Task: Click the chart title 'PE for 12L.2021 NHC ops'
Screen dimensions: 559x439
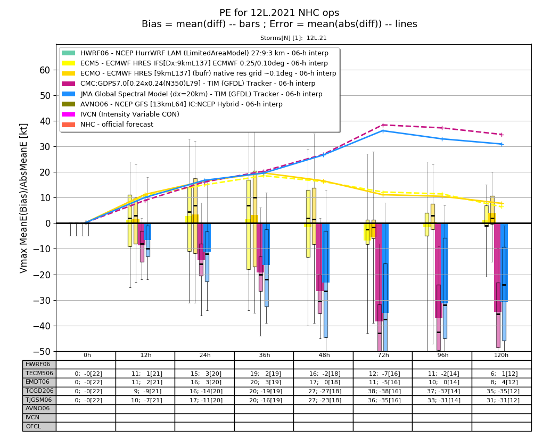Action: point(279,13)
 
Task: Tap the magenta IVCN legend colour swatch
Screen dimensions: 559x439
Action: point(69,114)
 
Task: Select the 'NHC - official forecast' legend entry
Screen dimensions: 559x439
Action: point(117,125)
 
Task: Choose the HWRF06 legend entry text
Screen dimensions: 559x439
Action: point(204,53)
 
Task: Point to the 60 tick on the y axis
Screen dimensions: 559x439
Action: point(45,70)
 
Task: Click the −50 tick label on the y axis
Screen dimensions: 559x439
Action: point(42,352)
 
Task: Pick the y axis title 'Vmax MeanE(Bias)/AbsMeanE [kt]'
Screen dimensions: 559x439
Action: point(23,198)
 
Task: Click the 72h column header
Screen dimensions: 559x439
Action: point(383,355)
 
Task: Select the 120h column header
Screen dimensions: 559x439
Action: point(501,355)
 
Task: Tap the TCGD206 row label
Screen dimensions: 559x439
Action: point(39,391)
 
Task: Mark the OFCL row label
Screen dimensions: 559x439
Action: point(33,426)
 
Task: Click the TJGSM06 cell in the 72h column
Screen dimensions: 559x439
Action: point(383,400)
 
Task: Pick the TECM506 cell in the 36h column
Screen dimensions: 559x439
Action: point(264,374)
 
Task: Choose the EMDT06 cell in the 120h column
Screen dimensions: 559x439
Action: point(502,383)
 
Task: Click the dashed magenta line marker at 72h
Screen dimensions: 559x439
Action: point(383,125)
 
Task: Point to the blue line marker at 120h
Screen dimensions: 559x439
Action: point(502,144)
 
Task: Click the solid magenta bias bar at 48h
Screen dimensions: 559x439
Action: point(320,257)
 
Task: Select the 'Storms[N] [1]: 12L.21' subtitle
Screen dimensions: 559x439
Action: point(293,38)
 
